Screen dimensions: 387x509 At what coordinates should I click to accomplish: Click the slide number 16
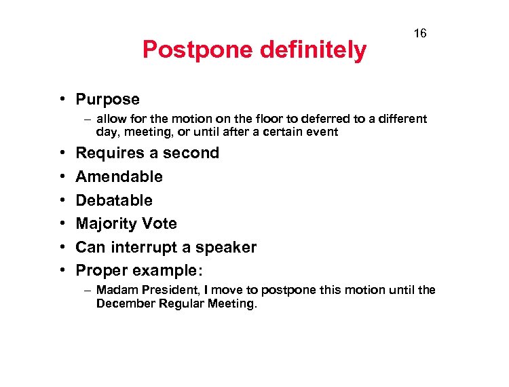(x=420, y=33)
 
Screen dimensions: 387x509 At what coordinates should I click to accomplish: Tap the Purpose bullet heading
(x=107, y=99)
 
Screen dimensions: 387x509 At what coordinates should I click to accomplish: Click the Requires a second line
(x=147, y=153)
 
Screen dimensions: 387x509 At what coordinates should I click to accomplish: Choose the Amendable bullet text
(x=119, y=177)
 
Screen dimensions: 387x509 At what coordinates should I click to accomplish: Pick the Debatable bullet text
(x=114, y=200)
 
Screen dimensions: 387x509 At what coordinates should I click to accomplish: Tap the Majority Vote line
(x=126, y=223)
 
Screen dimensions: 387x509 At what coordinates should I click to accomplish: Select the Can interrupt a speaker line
(x=166, y=247)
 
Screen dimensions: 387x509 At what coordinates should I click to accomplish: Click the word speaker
(x=227, y=247)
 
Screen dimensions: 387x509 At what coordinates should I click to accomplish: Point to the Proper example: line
(x=139, y=270)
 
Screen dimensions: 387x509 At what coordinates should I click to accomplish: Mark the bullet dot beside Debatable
(x=61, y=200)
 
